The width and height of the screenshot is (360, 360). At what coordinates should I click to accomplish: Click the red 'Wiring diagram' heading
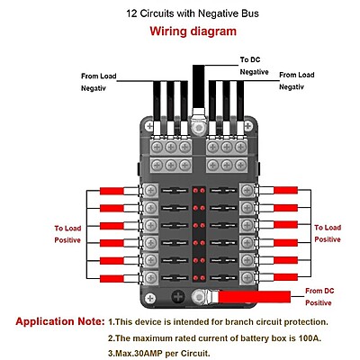coord(193,31)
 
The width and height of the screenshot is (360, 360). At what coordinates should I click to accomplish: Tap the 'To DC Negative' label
coord(254,66)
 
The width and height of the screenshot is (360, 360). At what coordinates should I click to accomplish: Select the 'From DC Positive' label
coord(319,297)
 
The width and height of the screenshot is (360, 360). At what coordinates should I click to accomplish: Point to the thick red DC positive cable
coord(254,297)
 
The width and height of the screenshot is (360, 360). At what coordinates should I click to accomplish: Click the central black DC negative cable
coord(198,87)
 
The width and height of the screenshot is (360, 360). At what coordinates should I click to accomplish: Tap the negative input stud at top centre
coord(198,128)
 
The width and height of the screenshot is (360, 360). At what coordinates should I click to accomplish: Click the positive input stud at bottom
coord(198,297)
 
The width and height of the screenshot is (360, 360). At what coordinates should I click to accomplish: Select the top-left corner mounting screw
coord(149,126)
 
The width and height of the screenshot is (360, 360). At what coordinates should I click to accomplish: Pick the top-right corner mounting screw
coord(247,126)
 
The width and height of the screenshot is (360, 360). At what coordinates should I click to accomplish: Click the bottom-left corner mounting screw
coord(149,299)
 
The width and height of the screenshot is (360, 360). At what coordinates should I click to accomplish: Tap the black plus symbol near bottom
coord(178,297)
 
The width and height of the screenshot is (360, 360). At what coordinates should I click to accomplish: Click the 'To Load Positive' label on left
coord(67,234)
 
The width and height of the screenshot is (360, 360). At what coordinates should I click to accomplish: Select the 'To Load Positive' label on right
coord(328,233)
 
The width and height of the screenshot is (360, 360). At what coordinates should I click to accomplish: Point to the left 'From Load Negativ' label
coord(98,82)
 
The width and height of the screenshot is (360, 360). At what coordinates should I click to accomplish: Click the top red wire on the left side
coord(112,191)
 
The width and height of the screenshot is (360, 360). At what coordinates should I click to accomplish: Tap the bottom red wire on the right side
coord(285,277)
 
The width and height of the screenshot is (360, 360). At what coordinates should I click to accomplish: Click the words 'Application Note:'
coord(60,321)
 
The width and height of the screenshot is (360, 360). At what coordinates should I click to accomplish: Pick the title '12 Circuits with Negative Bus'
coord(193,13)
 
